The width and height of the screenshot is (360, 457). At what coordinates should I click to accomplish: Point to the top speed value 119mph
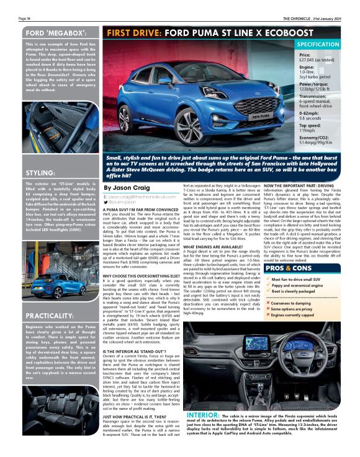[x=308, y=131]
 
